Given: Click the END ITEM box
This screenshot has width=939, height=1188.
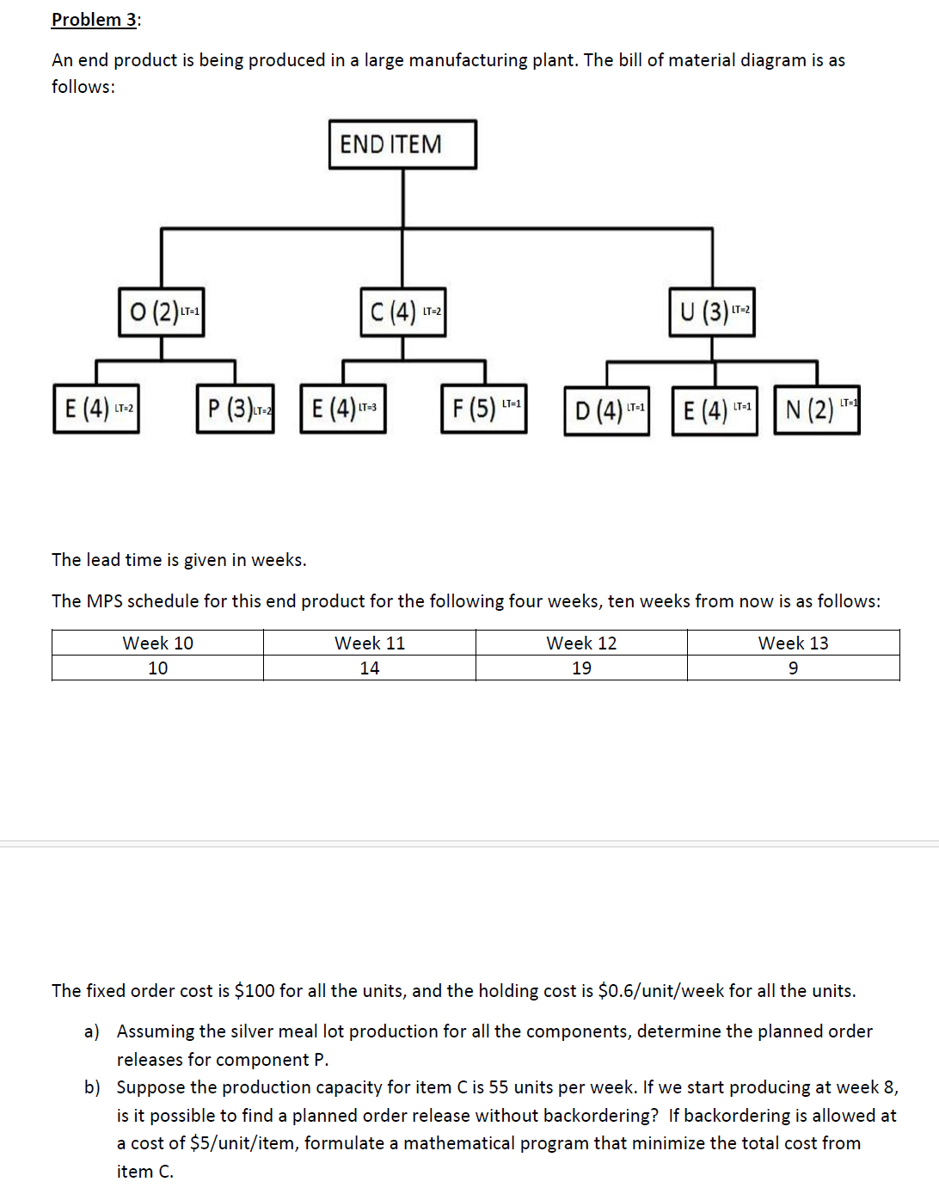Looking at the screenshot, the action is tap(402, 145).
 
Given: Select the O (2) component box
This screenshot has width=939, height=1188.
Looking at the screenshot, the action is tap(162, 311).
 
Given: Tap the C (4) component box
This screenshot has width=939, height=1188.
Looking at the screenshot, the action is tap(402, 311).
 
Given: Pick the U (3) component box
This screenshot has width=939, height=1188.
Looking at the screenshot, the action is tap(712, 311).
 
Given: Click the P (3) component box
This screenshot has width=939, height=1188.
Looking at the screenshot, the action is tap(236, 409).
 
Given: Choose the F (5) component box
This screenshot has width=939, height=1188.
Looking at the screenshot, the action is tap(484, 409).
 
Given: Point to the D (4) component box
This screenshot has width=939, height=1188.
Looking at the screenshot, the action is tap(607, 411).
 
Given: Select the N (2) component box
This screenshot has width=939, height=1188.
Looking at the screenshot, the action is tap(817, 409).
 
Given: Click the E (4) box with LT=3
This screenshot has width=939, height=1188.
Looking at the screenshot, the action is tap(343, 409).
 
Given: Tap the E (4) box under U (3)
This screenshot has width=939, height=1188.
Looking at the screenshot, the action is tap(715, 411).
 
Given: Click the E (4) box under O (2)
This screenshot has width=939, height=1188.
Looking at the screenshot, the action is tap(96, 409).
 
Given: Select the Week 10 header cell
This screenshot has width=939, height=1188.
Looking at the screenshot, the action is tap(158, 643).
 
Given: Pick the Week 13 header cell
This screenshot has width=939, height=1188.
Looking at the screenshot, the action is tap(793, 643).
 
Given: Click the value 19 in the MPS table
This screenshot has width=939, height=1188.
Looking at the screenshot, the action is tap(581, 668).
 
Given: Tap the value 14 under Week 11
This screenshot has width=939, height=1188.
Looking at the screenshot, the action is tap(370, 668).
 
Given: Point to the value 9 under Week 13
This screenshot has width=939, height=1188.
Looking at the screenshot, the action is tap(793, 668).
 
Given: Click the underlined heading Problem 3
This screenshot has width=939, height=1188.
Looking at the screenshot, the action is tap(95, 20).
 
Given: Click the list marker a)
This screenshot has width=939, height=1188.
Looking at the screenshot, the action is tap(91, 1031).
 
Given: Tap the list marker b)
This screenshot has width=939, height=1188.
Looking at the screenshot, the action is tap(92, 1087).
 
